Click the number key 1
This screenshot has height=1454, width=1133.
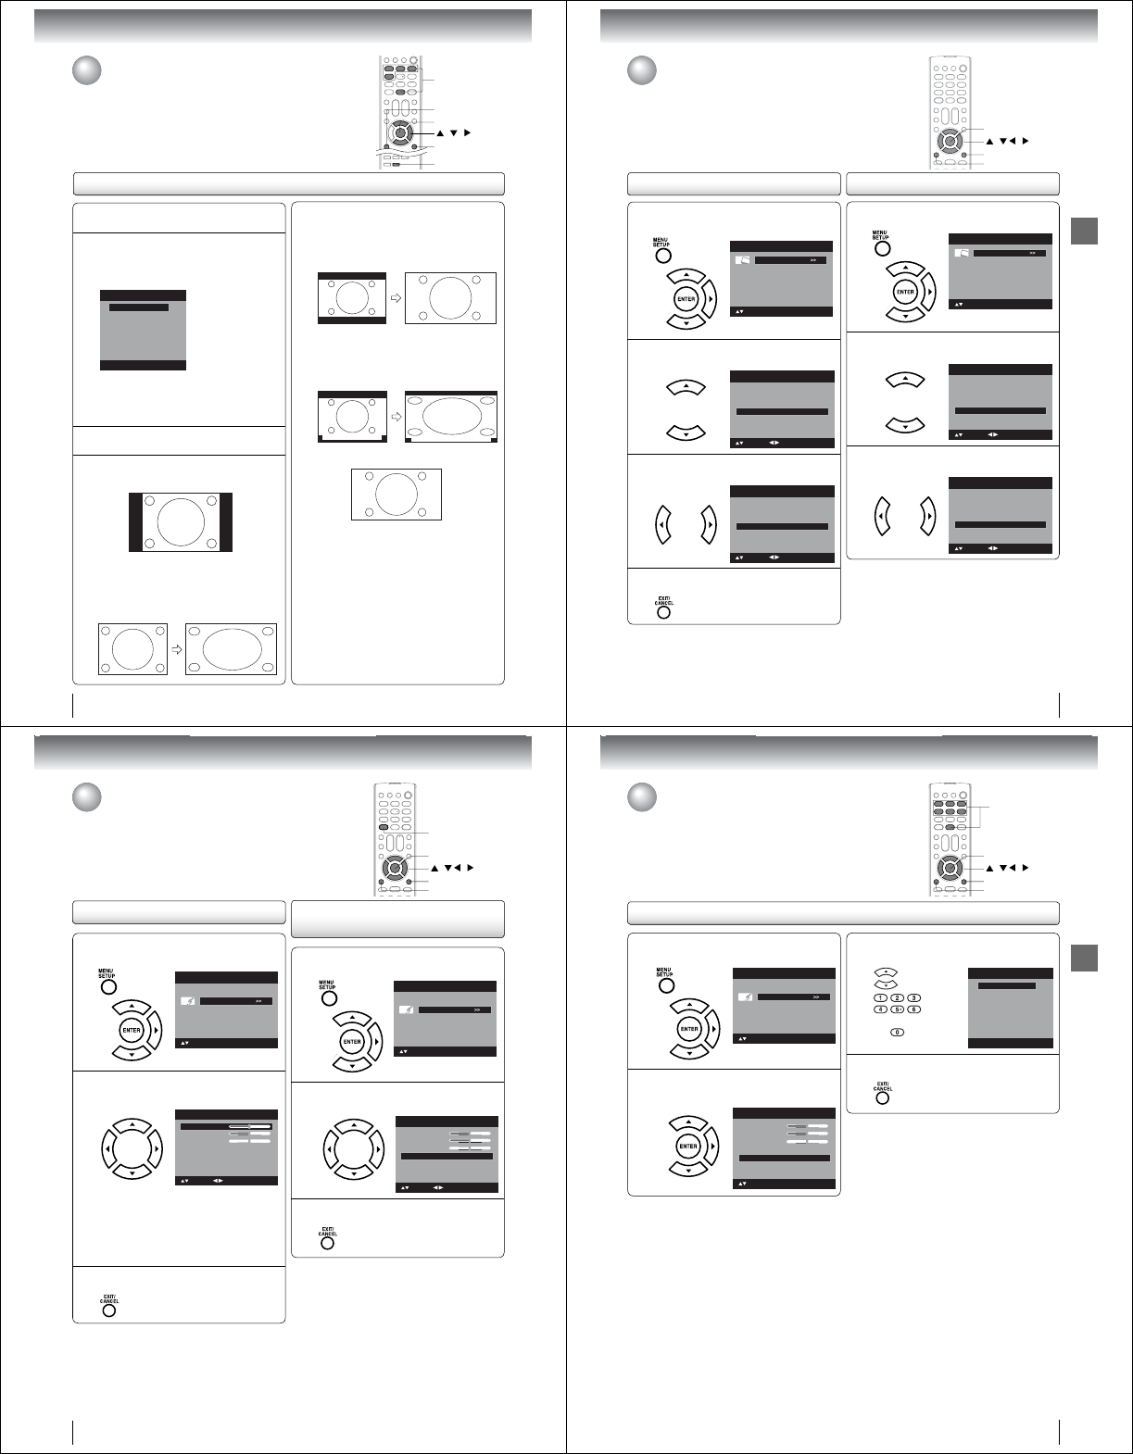880,997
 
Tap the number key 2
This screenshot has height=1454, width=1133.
897,997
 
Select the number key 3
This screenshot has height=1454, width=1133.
913,997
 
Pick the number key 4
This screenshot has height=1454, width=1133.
880,1009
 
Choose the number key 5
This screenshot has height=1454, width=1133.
897,1009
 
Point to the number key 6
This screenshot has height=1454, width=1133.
913,1009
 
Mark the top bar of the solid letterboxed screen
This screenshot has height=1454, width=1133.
351,276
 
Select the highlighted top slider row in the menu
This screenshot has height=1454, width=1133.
226,1127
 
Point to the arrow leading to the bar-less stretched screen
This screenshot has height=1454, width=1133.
176,650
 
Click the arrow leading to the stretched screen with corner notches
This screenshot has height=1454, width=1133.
396,417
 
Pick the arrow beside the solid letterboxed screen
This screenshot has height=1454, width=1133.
396,298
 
